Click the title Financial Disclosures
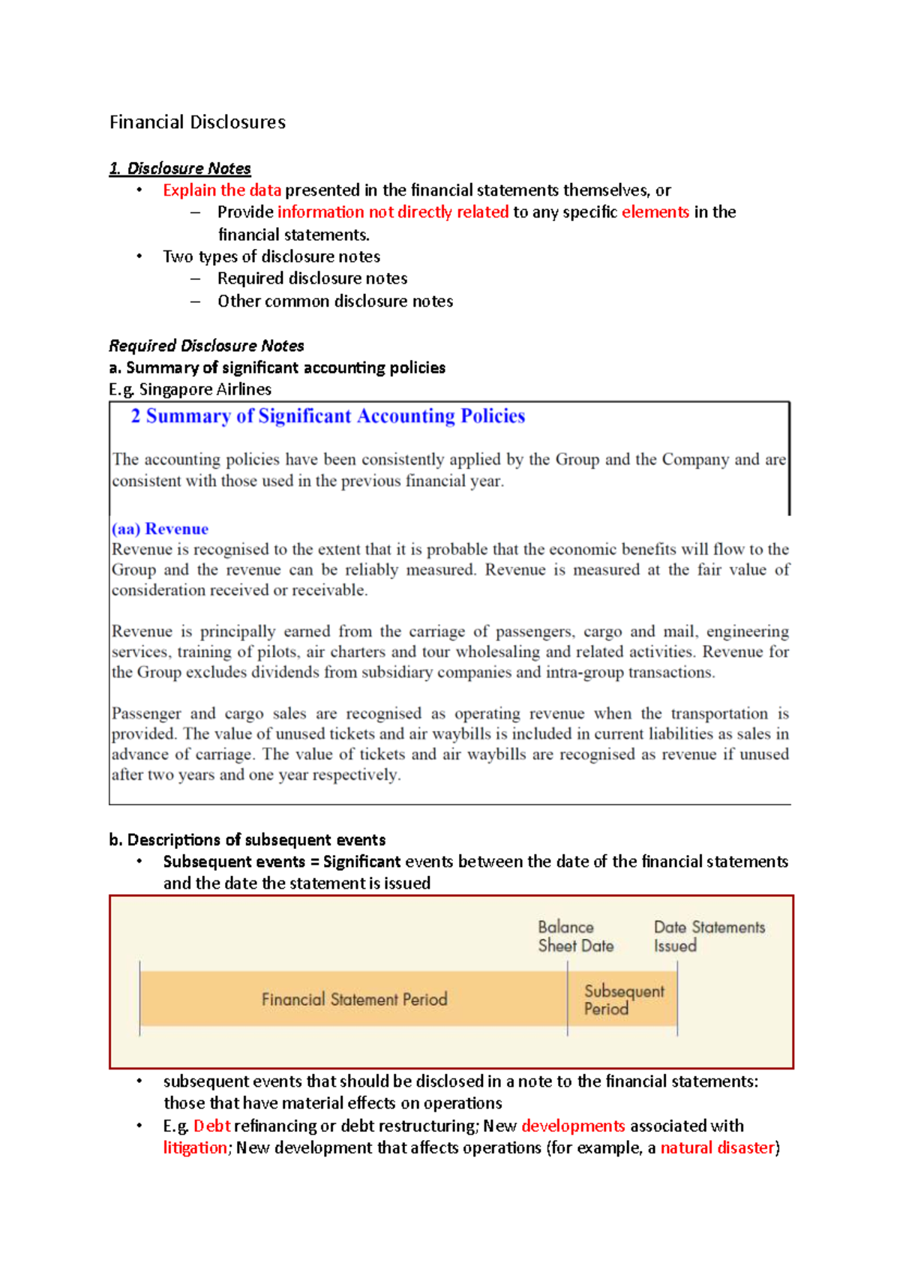pyautogui.click(x=197, y=122)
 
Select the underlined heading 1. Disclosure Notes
pyautogui.click(x=180, y=168)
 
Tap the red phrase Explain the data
pyautogui.click(x=222, y=190)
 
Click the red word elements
pyautogui.click(x=655, y=212)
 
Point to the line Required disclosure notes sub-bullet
pyautogui.click(x=312, y=279)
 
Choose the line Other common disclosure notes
pyautogui.click(x=335, y=301)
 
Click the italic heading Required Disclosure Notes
pyautogui.click(x=206, y=346)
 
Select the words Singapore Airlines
pyautogui.click(x=205, y=389)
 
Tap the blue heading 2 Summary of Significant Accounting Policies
pyautogui.click(x=328, y=416)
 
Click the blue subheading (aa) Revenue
pyautogui.click(x=160, y=529)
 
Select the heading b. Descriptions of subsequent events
pyautogui.click(x=247, y=840)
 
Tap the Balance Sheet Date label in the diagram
pyautogui.click(x=575, y=937)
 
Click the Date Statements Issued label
pyautogui.click(x=709, y=937)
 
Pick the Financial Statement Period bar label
pyautogui.click(x=354, y=1000)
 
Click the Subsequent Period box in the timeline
pyautogui.click(x=622, y=1000)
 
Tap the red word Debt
pyautogui.click(x=212, y=1126)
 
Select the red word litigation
pyautogui.click(x=195, y=1148)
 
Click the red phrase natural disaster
pyautogui.click(x=717, y=1148)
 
